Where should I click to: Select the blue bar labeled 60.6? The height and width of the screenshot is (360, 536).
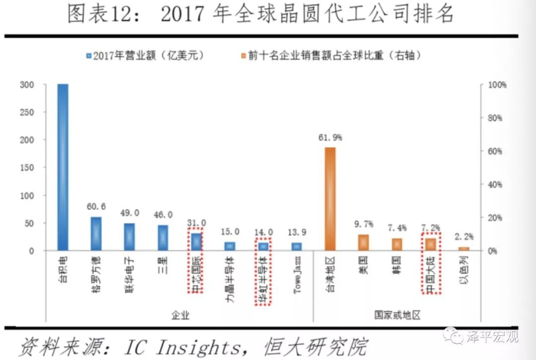click(x=96, y=234)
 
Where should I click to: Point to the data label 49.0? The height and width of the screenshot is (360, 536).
click(x=130, y=213)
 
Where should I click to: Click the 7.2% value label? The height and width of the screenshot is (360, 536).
click(x=430, y=228)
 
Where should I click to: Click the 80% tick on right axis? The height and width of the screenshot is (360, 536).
click(x=494, y=118)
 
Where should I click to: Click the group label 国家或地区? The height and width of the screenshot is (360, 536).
click(x=397, y=315)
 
